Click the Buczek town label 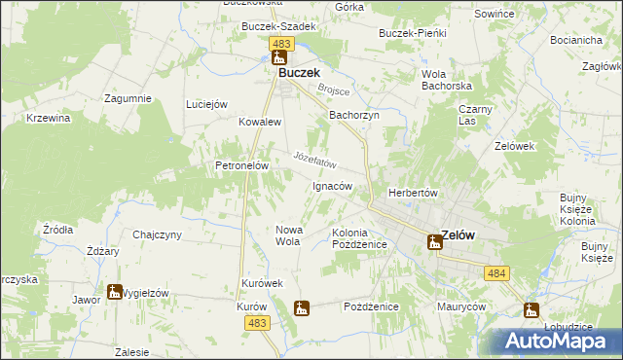point(301,72)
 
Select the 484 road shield point(496,275)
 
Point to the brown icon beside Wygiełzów point(115,291)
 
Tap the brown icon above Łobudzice point(531,311)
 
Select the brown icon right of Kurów point(302,308)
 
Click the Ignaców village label point(331,186)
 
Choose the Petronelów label point(241,166)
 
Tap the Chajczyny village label point(158,234)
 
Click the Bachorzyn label point(353,115)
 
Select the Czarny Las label point(475,115)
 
